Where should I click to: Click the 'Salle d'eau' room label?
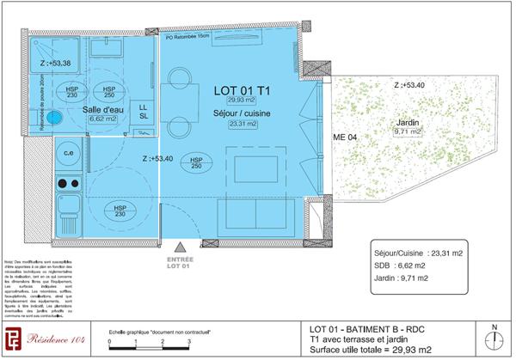pyautogui.click(x=102, y=110)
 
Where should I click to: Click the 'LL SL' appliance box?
pyautogui.click(x=144, y=111)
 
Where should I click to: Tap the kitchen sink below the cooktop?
pyautogui.click(x=68, y=208)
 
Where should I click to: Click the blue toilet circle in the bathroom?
pyautogui.click(x=56, y=116)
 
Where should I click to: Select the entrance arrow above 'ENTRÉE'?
pyautogui.click(x=179, y=247)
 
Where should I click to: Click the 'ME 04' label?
pyautogui.click(x=344, y=137)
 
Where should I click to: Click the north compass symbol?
pyautogui.click(x=494, y=342)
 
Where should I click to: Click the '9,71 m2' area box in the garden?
pyautogui.click(x=406, y=132)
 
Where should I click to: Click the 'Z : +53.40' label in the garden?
pyautogui.click(x=409, y=86)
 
